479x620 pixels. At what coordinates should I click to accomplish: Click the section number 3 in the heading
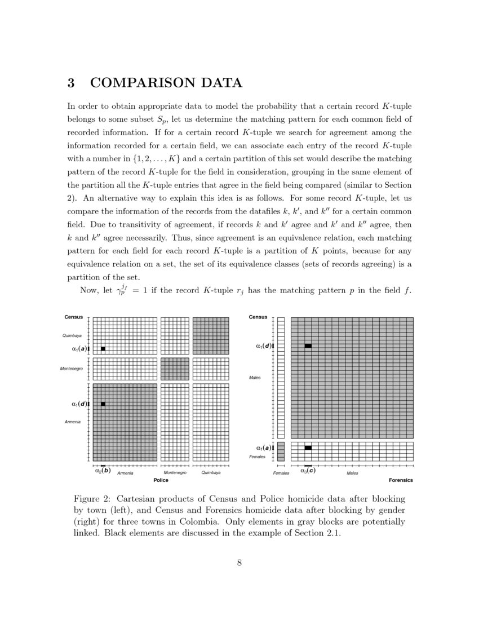(72, 83)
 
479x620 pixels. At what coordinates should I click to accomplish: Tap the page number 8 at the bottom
(239, 562)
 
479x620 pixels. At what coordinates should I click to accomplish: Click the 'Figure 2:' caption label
(92, 499)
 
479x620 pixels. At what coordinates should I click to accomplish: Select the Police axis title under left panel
(161, 480)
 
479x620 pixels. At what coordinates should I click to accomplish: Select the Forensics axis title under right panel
(401, 480)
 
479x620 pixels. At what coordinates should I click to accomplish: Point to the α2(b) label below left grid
(102, 471)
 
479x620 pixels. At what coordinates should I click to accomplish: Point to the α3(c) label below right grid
(308, 471)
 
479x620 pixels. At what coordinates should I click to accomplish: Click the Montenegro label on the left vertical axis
(72, 369)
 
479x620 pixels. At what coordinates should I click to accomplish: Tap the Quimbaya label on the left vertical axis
(72, 336)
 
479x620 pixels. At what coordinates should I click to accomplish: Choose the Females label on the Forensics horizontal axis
(281, 473)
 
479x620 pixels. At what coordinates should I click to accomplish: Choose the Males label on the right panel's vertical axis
(255, 378)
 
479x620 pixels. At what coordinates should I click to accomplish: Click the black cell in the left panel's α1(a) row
(103, 349)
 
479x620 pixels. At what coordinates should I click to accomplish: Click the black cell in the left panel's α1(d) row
(103, 404)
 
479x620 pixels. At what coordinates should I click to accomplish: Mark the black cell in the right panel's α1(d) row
(308, 346)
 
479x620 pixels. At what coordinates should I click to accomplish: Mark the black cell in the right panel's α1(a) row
(308, 448)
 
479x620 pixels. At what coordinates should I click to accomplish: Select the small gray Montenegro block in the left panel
(175, 369)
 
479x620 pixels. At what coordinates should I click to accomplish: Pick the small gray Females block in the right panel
(281, 451)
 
